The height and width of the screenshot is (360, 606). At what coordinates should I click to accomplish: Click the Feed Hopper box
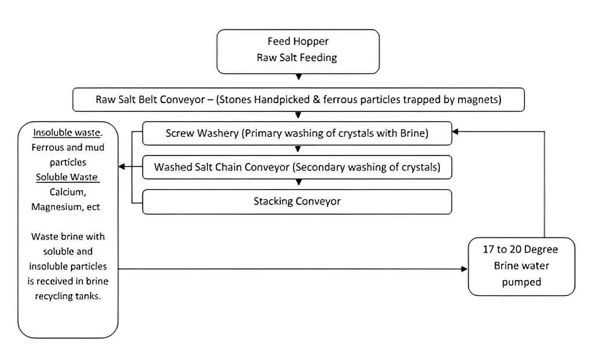click(x=298, y=51)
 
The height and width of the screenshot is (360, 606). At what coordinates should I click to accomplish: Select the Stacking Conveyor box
click(x=297, y=202)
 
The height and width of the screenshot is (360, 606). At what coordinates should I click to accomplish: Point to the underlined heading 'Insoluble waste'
click(x=67, y=133)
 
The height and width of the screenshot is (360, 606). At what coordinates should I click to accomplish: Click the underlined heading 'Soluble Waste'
click(x=67, y=177)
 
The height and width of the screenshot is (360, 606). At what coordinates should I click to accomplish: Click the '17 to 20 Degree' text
click(x=520, y=249)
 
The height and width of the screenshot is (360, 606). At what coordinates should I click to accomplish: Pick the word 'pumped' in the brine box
click(x=521, y=282)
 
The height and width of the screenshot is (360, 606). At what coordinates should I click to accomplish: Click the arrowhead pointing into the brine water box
click(x=464, y=269)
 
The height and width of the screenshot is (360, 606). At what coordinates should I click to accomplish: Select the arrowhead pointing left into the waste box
click(x=122, y=167)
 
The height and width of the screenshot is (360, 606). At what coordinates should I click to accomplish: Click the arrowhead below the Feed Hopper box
click(x=298, y=77)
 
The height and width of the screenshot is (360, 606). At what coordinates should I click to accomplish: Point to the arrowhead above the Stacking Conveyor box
click(x=298, y=183)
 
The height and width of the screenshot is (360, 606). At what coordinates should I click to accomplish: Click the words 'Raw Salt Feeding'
click(x=297, y=58)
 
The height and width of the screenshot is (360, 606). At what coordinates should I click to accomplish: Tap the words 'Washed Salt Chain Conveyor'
click(x=222, y=167)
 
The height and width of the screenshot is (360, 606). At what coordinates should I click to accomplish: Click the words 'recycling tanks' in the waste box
click(x=68, y=297)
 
